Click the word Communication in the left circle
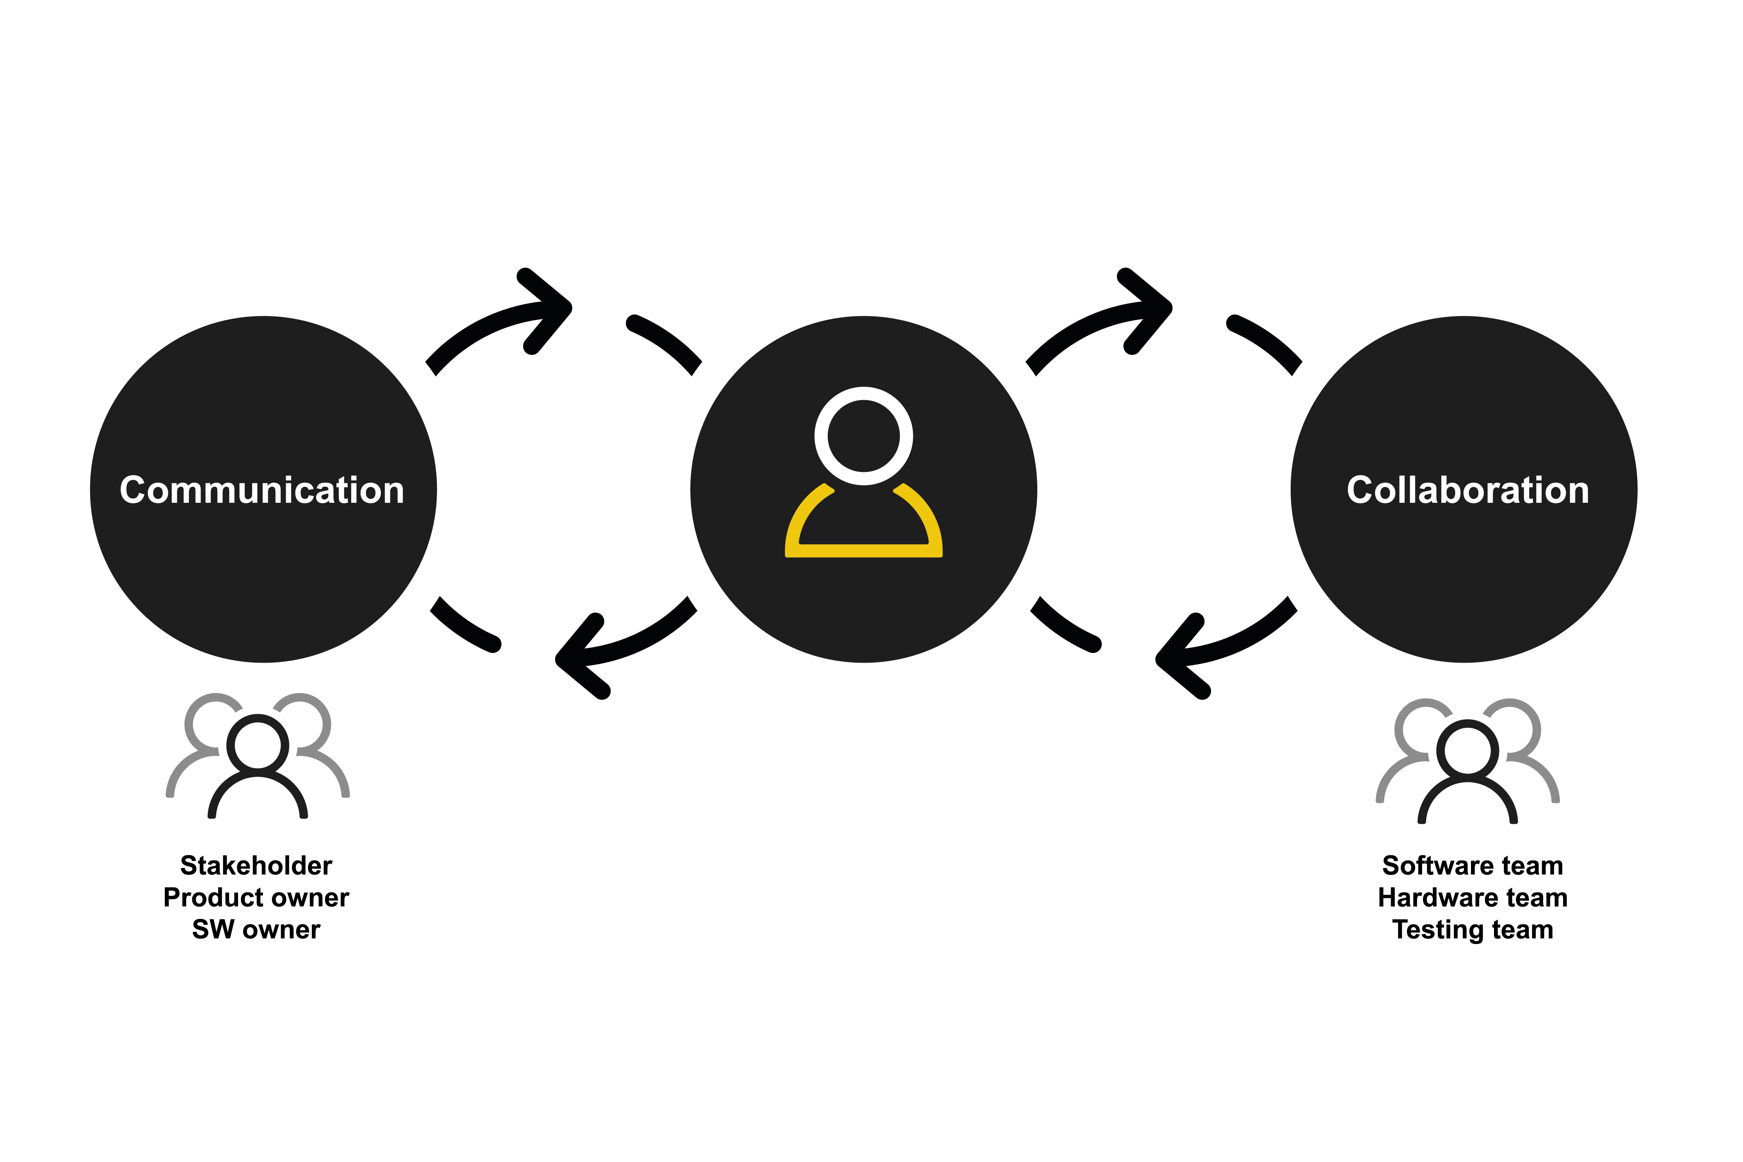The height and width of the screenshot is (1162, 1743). pos(262,491)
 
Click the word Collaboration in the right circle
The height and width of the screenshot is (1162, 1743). pos(1468,491)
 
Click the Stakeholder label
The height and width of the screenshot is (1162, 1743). pos(256,866)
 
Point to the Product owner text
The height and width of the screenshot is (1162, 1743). pos(256,898)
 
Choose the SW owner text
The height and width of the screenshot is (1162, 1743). pos(256,929)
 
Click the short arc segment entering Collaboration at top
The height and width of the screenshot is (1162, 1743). pos(1269,339)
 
